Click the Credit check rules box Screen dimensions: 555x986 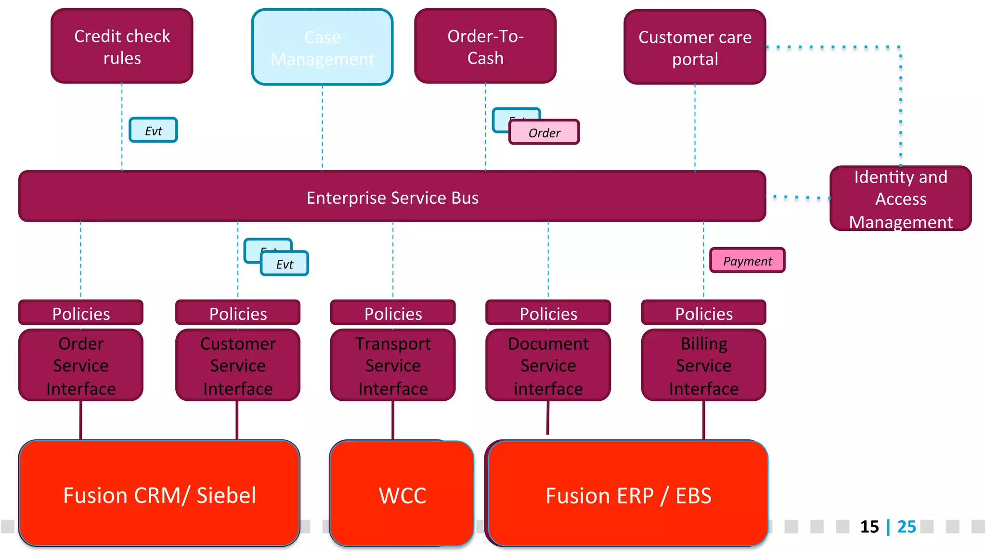click(x=122, y=46)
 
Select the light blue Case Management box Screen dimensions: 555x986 click(x=322, y=47)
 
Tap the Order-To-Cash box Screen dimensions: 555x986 click(x=485, y=46)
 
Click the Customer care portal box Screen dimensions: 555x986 click(x=695, y=47)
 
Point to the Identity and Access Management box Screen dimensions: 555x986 click(x=900, y=198)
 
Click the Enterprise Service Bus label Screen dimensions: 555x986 click(x=392, y=198)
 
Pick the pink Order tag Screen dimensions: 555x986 click(x=544, y=132)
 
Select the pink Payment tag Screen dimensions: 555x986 click(x=747, y=261)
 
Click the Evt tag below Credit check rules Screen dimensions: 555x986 click(x=153, y=131)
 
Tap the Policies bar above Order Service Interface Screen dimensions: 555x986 click(x=81, y=313)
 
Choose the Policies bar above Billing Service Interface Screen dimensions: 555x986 click(x=703, y=313)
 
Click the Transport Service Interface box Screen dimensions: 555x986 click(x=393, y=366)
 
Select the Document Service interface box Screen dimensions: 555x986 click(x=548, y=366)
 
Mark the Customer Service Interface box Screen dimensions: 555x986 click(x=238, y=366)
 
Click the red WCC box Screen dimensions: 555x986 click(x=402, y=495)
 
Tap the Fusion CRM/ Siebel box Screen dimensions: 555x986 click(x=159, y=495)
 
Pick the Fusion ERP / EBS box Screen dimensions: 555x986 click(x=628, y=495)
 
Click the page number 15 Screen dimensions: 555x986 click(x=869, y=527)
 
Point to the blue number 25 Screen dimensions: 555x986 click(x=907, y=527)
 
